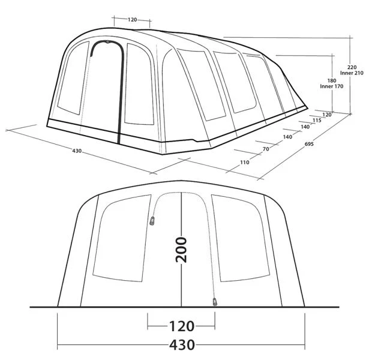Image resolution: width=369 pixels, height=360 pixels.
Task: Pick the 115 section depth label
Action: pyautogui.click(x=317, y=121)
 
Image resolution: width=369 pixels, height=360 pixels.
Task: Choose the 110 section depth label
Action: pyautogui.click(x=244, y=163)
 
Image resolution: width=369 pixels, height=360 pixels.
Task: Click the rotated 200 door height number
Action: pyautogui.click(x=181, y=250)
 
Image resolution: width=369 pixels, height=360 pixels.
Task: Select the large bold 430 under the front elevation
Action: pyautogui.click(x=181, y=345)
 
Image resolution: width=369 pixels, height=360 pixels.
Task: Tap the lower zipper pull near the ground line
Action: pyautogui.click(x=214, y=301)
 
